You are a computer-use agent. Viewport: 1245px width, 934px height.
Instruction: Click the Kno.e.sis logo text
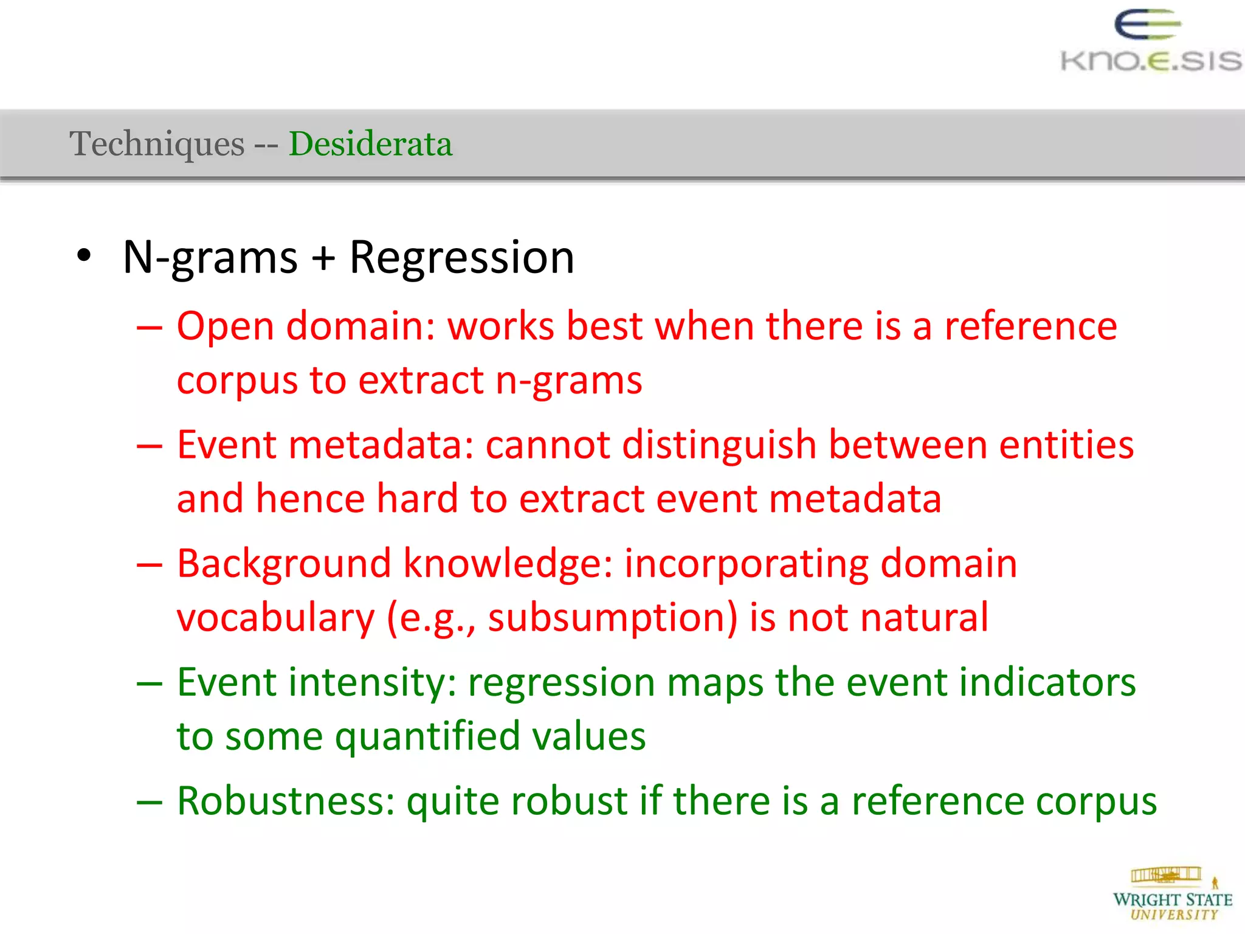(1151, 61)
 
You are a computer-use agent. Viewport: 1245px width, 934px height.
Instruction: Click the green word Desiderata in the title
(370, 144)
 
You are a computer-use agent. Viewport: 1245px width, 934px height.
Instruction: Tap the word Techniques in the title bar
(157, 144)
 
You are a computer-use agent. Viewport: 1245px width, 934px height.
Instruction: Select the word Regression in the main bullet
(461, 258)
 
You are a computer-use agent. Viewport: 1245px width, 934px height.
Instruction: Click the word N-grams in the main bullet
(210, 258)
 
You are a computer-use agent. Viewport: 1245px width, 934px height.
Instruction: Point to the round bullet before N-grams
(84, 256)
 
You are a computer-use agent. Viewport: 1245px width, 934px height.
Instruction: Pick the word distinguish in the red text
(719, 445)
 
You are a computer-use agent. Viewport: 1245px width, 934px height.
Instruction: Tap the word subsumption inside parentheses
(612, 618)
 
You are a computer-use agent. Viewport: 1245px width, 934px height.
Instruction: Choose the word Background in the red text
(284, 564)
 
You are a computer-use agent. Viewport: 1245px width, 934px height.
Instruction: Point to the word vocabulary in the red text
(275, 618)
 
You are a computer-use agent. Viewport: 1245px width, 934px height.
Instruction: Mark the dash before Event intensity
(150, 683)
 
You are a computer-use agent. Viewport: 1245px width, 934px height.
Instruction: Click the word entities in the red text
(1066, 445)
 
